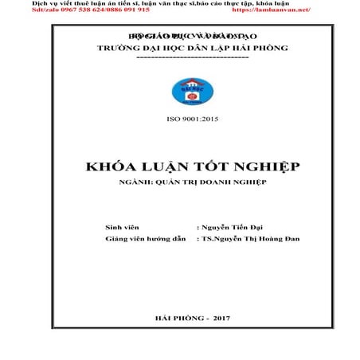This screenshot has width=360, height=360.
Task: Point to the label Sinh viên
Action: (x=122, y=227)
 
